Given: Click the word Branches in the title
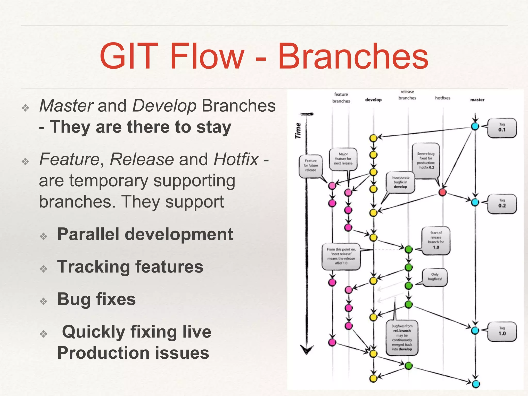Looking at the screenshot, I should coord(353,56).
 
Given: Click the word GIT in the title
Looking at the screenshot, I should coord(129,56).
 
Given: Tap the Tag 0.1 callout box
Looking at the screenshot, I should coord(502,128).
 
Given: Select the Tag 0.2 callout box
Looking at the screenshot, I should coord(502,204).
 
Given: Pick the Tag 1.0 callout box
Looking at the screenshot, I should coord(502,332).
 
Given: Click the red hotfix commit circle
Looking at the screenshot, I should coord(442,192).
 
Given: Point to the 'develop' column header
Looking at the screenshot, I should coord(373,100).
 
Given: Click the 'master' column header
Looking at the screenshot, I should coord(477,100).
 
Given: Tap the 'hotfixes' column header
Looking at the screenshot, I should coord(443,98).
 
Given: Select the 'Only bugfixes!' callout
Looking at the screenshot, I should coord(435,277).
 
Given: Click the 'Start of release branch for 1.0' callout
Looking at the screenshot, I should coord(436,240).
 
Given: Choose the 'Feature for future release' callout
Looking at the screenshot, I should coord(311,166).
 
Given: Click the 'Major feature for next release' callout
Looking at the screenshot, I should coord(343,159).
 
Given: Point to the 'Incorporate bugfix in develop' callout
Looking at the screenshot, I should coord(400,182).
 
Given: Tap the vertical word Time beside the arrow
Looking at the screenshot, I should coord(298,131).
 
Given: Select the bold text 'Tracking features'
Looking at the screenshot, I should coord(130,267).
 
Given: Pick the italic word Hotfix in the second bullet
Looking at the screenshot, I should coord(236,159).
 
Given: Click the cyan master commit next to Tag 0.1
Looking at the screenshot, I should coord(475,126).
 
